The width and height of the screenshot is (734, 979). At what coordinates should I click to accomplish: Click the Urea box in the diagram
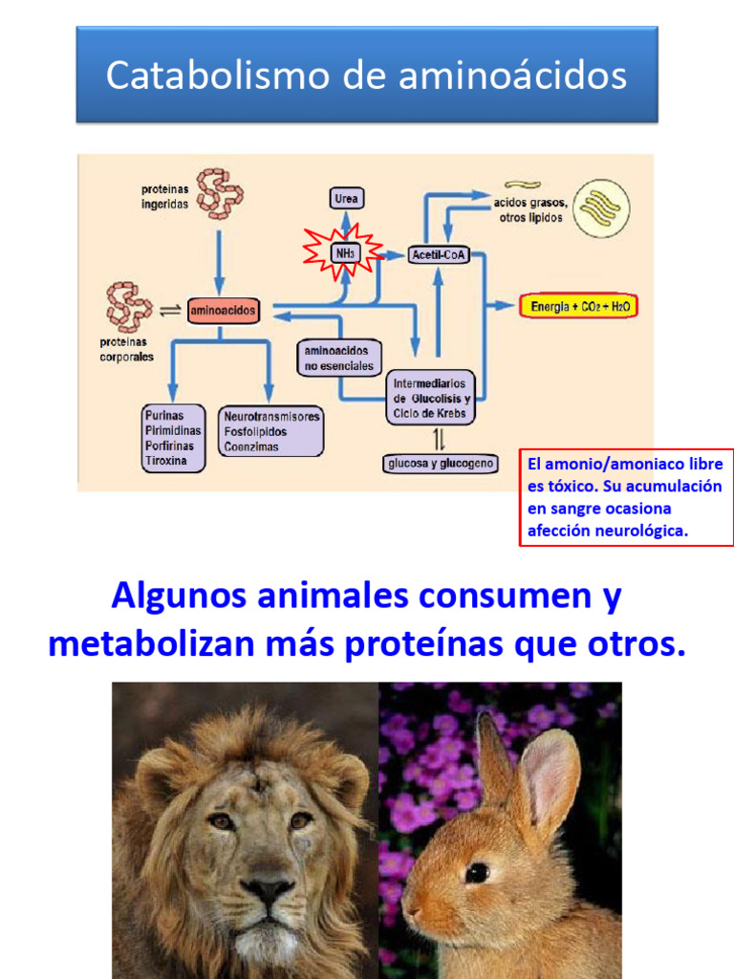[x=346, y=199]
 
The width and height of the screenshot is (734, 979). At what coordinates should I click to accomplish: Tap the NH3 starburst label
[x=344, y=253]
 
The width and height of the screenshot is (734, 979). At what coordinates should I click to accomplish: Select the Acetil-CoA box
[x=438, y=254]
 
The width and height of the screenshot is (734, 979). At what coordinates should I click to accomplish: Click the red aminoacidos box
[x=222, y=311]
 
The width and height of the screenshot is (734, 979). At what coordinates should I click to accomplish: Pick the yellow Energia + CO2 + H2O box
[x=577, y=307]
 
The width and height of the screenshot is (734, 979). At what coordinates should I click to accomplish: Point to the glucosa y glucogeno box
[x=441, y=464]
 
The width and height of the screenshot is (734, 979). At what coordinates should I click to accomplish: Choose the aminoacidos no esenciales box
[x=337, y=359]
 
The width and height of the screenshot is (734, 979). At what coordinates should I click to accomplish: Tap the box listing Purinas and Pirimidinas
[x=173, y=438]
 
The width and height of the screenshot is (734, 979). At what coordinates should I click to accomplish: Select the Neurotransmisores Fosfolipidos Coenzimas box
[x=271, y=432]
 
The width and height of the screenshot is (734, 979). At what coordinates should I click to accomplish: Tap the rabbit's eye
[x=477, y=872]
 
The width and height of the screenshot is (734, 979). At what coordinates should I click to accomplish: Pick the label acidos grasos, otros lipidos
[x=531, y=209]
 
